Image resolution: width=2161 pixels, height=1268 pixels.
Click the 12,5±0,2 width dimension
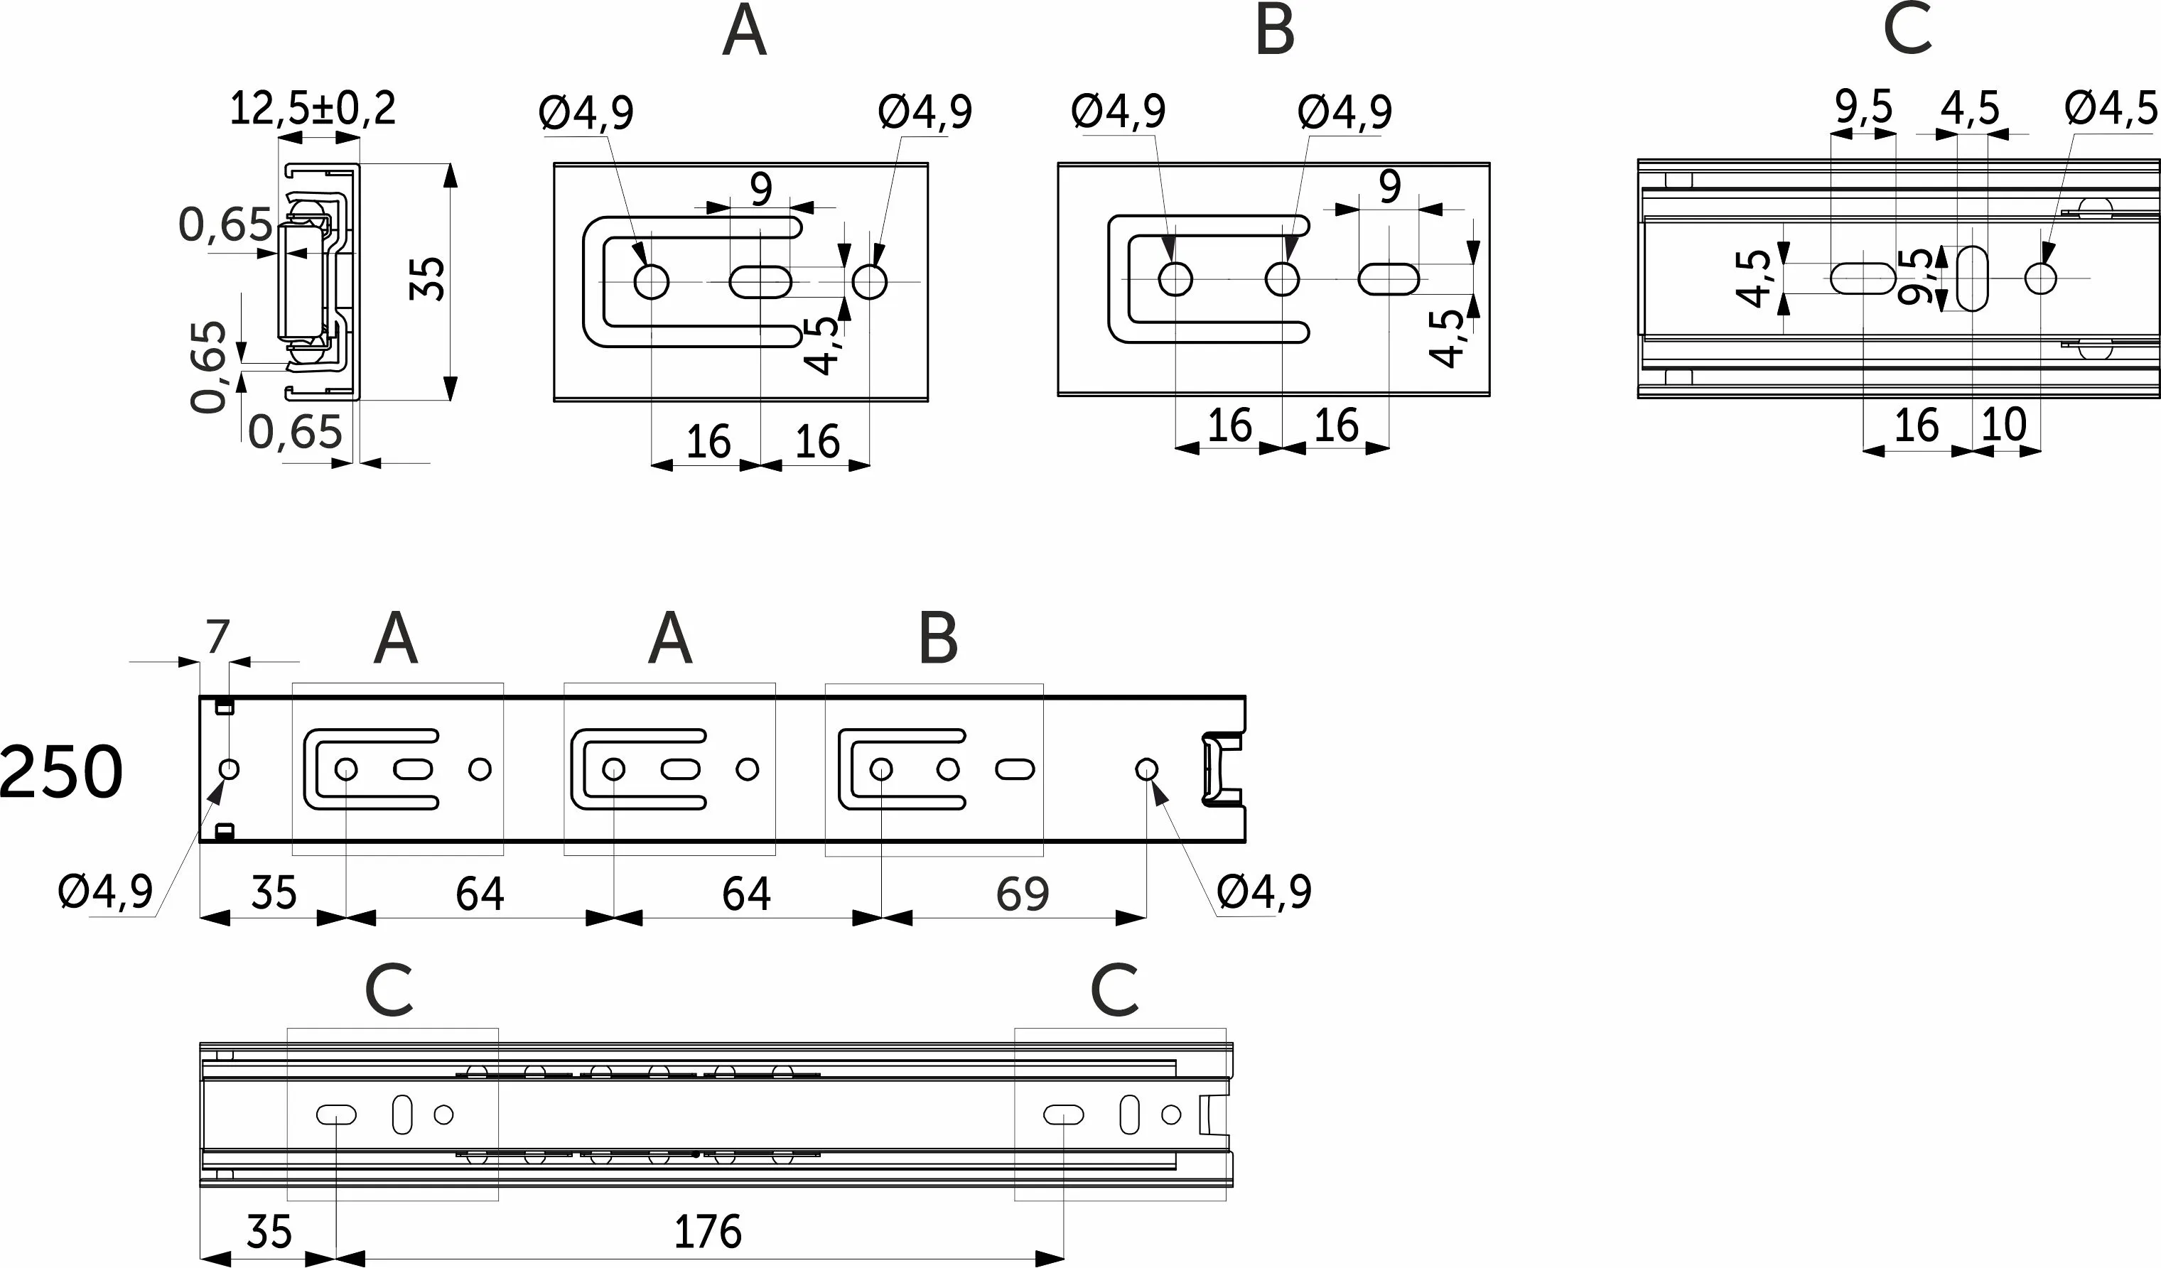coord(313,109)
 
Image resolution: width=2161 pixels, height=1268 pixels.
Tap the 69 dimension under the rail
coord(1022,894)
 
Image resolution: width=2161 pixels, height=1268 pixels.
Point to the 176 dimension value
coord(708,1232)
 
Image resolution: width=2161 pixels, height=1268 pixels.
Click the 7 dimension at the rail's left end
coord(218,638)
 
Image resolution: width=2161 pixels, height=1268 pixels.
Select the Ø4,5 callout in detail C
coord(2111,109)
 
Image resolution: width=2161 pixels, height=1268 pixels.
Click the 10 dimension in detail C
coord(2004,424)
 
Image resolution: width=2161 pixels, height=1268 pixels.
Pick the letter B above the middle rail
coord(938,639)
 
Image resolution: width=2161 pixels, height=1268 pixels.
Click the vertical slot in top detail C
coord(1973,278)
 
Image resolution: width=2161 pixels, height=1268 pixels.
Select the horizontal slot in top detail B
coord(1389,279)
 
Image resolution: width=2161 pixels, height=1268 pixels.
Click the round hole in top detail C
coord(2040,278)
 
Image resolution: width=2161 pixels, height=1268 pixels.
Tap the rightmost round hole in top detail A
coord(870,281)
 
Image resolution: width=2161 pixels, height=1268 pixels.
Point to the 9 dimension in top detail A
coord(760,189)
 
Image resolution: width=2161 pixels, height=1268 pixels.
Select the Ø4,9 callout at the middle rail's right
coord(1264,892)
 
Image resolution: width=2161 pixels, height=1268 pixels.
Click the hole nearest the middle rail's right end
coord(1146,769)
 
